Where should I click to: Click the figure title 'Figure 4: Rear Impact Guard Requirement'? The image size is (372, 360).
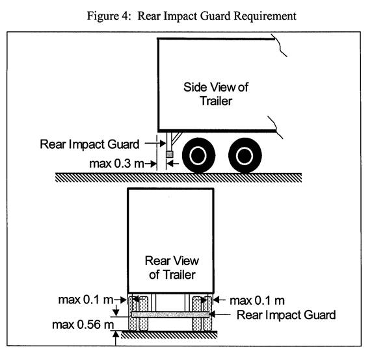point(191,16)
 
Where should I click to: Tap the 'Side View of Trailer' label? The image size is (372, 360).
point(216,94)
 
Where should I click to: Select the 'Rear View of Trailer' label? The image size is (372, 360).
point(172,268)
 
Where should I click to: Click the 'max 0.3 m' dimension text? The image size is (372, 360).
point(116,164)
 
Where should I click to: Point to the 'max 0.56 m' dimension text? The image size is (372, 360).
point(83,324)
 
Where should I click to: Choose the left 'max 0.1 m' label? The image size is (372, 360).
point(86,300)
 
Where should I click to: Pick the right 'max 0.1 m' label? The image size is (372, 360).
point(257,301)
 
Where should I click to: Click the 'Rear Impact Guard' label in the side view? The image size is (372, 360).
point(90,144)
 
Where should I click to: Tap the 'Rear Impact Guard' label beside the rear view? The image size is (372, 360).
point(286,315)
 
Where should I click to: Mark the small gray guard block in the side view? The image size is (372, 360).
point(169,154)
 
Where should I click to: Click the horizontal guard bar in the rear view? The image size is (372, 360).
point(170,315)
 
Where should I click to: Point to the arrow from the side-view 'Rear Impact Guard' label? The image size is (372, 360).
point(155,144)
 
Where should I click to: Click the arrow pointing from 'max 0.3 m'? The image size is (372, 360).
point(151,164)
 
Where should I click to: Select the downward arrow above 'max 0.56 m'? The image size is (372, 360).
point(116,311)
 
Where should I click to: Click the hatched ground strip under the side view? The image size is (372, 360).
point(178,177)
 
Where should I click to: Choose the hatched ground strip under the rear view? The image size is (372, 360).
point(169,335)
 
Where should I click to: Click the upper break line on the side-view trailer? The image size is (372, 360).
point(279,45)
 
